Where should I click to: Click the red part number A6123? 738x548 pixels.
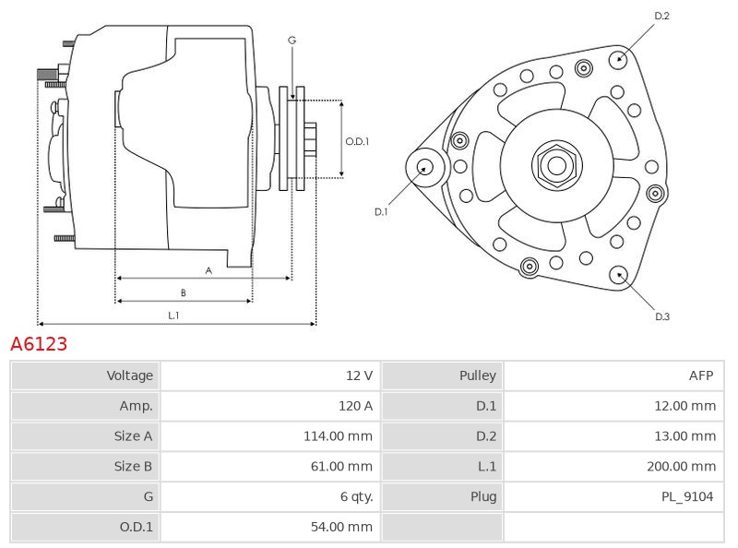tap(39, 344)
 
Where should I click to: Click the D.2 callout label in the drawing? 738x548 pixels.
tap(661, 16)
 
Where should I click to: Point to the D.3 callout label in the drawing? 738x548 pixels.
tap(661, 317)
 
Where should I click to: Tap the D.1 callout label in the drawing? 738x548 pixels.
tap(381, 212)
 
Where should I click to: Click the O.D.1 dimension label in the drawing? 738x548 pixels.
tap(357, 142)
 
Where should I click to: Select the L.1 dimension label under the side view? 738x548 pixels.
tap(173, 316)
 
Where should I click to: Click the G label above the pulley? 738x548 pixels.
tap(292, 41)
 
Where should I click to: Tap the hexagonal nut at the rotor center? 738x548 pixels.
tap(556, 166)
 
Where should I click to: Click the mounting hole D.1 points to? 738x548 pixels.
tap(425, 167)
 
